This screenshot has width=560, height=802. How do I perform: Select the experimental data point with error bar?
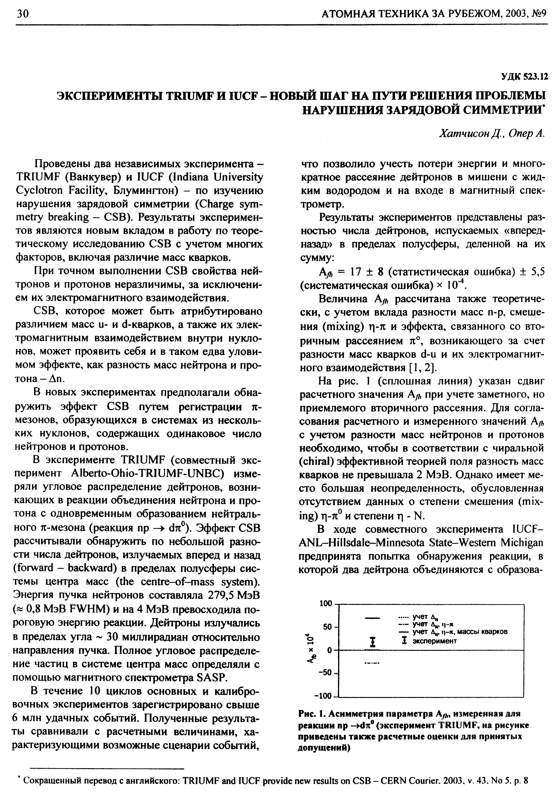[x=373, y=642]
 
